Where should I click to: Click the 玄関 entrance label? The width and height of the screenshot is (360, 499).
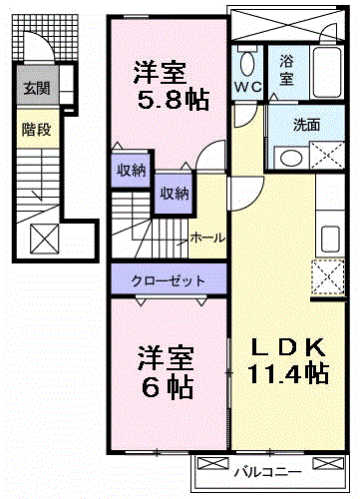(37, 88)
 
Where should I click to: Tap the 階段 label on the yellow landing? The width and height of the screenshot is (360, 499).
(37, 130)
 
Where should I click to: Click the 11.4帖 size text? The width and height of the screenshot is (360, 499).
(290, 373)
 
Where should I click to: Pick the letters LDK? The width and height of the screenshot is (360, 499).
(288, 347)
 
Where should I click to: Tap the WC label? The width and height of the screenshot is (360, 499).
(248, 88)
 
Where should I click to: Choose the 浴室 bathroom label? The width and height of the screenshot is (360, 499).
(286, 69)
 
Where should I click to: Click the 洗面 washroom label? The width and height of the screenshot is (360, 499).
(306, 126)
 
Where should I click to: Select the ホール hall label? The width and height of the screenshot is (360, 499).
(207, 238)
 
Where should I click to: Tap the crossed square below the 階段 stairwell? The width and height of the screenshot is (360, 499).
(44, 240)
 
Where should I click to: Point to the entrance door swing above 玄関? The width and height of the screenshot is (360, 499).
(38, 50)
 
